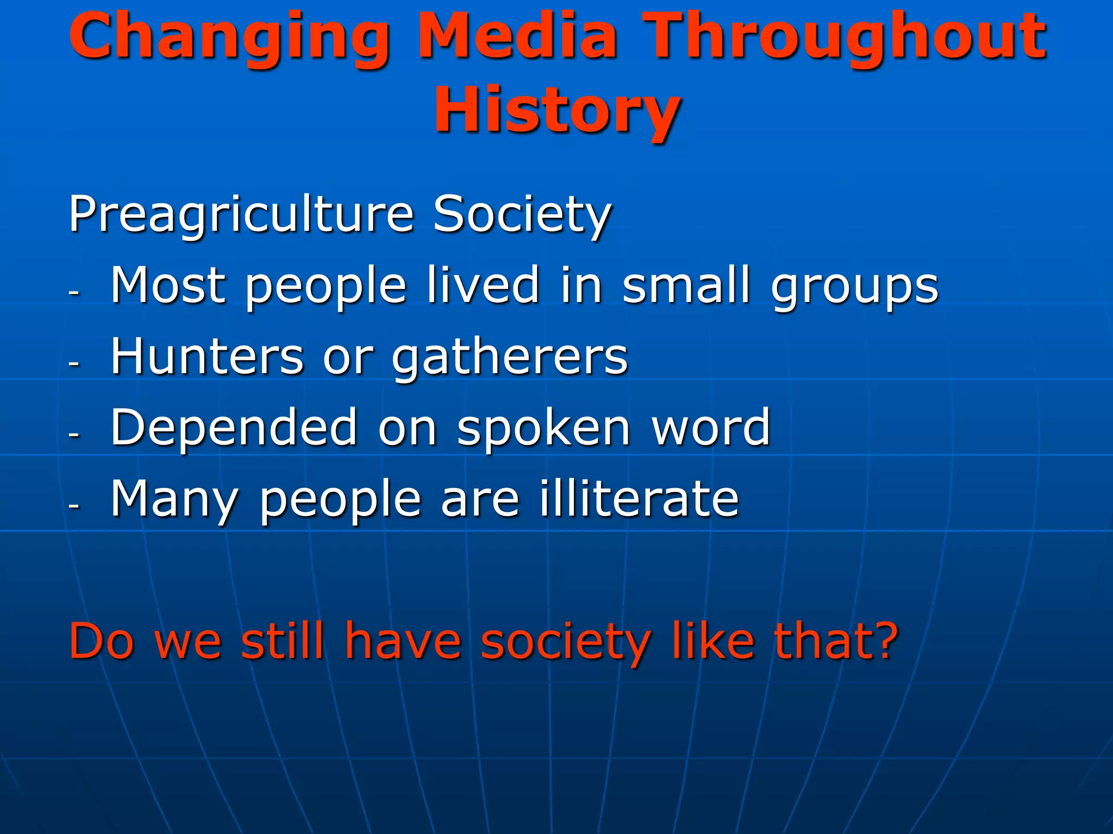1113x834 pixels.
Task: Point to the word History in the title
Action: pos(556,111)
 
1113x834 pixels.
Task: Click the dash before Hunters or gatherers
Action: pos(74,363)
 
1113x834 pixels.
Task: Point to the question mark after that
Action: pos(882,641)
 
